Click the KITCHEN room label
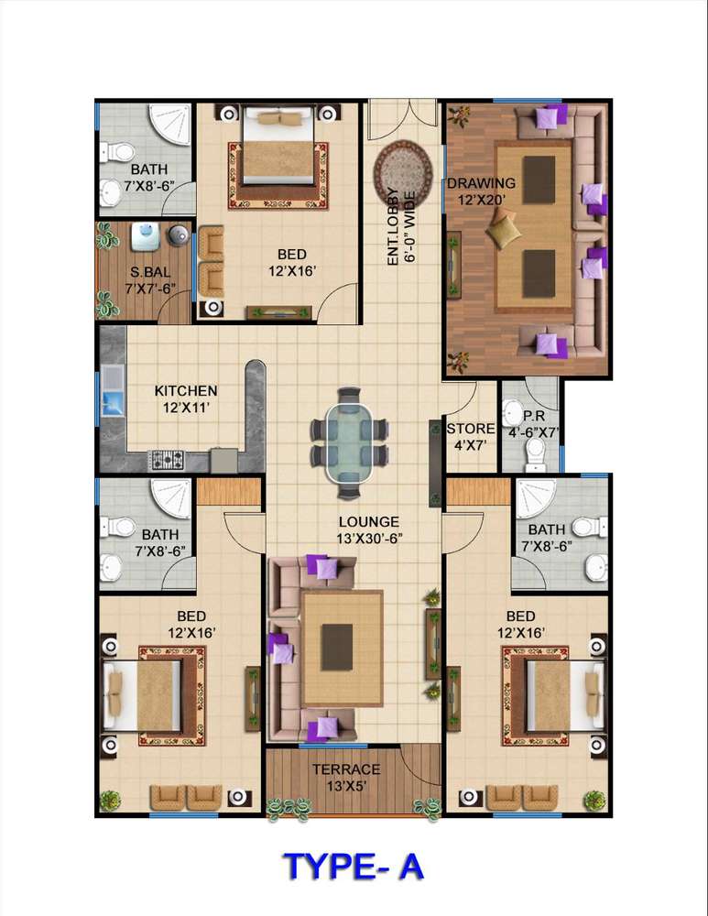click(186, 390)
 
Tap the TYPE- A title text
click(354, 867)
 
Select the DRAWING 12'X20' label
click(482, 191)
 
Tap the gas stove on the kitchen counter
click(167, 460)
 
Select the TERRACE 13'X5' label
click(346, 778)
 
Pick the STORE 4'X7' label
click(471, 437)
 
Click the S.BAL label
click(151, 272)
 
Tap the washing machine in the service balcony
click(143, 236)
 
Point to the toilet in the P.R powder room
click(535, 454)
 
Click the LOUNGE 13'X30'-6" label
click(368, 529)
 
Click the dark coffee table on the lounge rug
click(337, 648)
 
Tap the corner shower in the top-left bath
click(170, 125)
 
